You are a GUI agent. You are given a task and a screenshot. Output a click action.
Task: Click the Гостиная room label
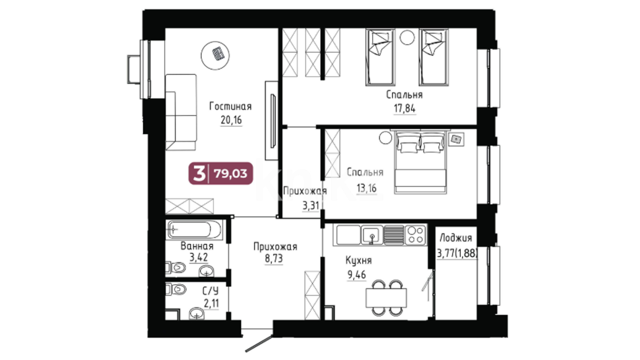click(x=230, y=106)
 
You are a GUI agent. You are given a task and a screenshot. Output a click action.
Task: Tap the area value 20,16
click(x=231, y=120)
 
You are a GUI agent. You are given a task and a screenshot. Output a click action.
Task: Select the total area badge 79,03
click(x=221, y=173)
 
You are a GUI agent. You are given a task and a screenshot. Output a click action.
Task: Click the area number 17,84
click(x=405, y=108)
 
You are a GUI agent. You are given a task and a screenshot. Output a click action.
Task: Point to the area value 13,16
click(x=366, y=188)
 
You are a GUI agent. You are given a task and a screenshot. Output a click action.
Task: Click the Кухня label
click(x=358, y=260)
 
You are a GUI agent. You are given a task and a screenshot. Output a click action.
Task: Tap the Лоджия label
click(x=456, y=238)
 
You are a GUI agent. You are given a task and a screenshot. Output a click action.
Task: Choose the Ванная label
click(x=197, y=246)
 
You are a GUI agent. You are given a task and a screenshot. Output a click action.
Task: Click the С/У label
click(x=211, y=291)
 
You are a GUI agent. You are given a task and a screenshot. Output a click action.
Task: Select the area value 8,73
click(x=274, y=259)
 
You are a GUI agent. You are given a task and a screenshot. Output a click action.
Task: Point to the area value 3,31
click(x=311, y=206)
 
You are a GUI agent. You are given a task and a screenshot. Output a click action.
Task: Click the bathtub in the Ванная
click(x=194, y=229)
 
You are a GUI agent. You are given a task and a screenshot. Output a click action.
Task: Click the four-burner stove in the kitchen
click(x=416, y=235)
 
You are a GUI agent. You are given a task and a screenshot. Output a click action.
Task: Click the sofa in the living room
click(x=181, y=112)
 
